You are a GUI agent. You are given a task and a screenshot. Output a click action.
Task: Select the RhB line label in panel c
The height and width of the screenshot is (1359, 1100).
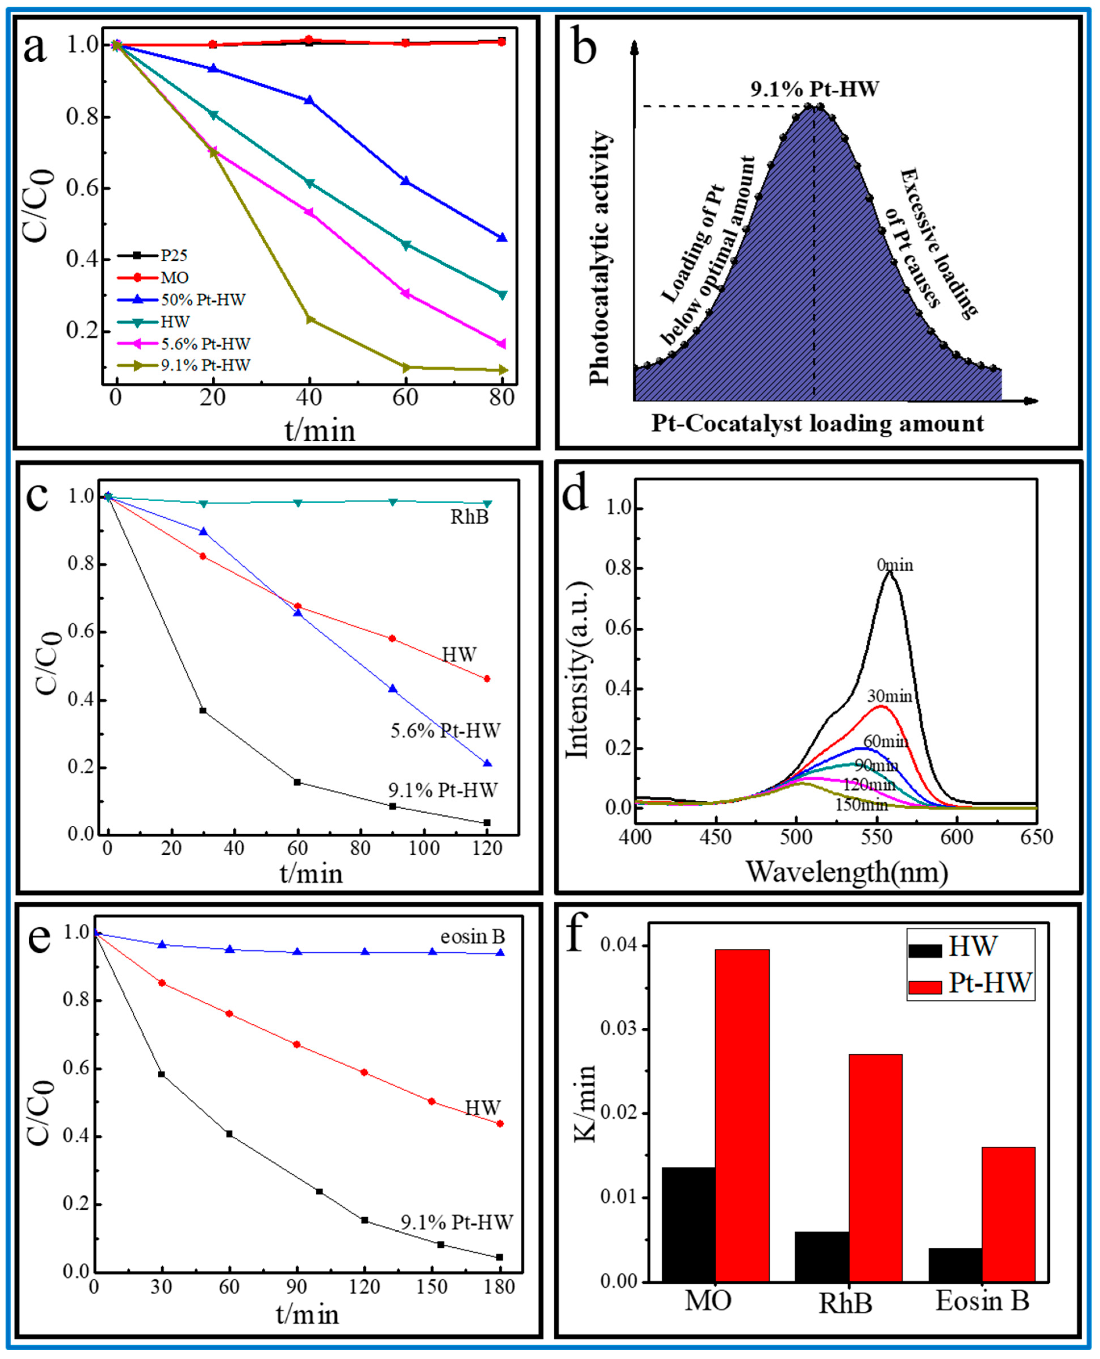click(x=470, y=518)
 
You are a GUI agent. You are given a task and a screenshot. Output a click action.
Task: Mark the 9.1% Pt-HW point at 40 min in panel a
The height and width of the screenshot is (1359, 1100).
click(x=310, y=319)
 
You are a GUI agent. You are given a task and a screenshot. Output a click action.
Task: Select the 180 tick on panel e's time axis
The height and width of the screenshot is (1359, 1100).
click(x=500, y=1288)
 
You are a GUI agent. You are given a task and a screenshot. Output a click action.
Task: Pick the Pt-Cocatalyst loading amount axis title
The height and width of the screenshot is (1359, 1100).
click(x=817, y=423)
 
